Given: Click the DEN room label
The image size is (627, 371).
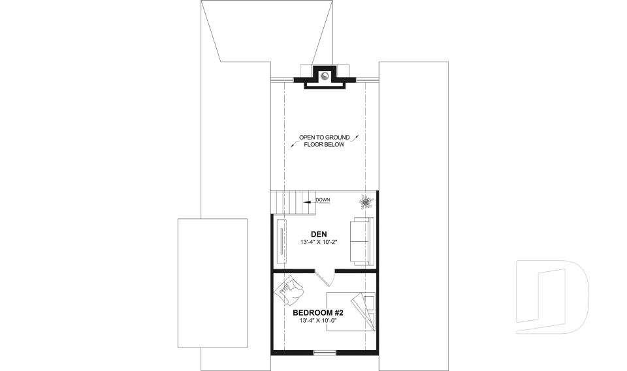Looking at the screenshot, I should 319,234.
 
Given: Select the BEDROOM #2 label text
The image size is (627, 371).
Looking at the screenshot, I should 318,313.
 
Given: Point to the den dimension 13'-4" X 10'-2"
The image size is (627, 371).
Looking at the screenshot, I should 319,243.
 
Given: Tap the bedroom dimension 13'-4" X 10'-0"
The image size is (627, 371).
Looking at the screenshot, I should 318,321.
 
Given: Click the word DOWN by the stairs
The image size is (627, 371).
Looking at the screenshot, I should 323,200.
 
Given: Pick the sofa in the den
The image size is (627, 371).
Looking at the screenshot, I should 361,241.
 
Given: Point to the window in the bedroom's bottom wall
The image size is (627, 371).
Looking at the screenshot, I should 325,353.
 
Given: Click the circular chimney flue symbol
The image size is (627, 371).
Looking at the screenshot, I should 324,75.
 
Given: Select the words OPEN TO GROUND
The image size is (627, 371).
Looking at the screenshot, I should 325,137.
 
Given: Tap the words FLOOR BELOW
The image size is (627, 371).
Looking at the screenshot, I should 325,144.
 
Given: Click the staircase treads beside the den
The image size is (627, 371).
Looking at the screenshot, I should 293,202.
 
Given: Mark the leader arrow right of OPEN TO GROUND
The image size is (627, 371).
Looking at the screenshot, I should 357,138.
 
